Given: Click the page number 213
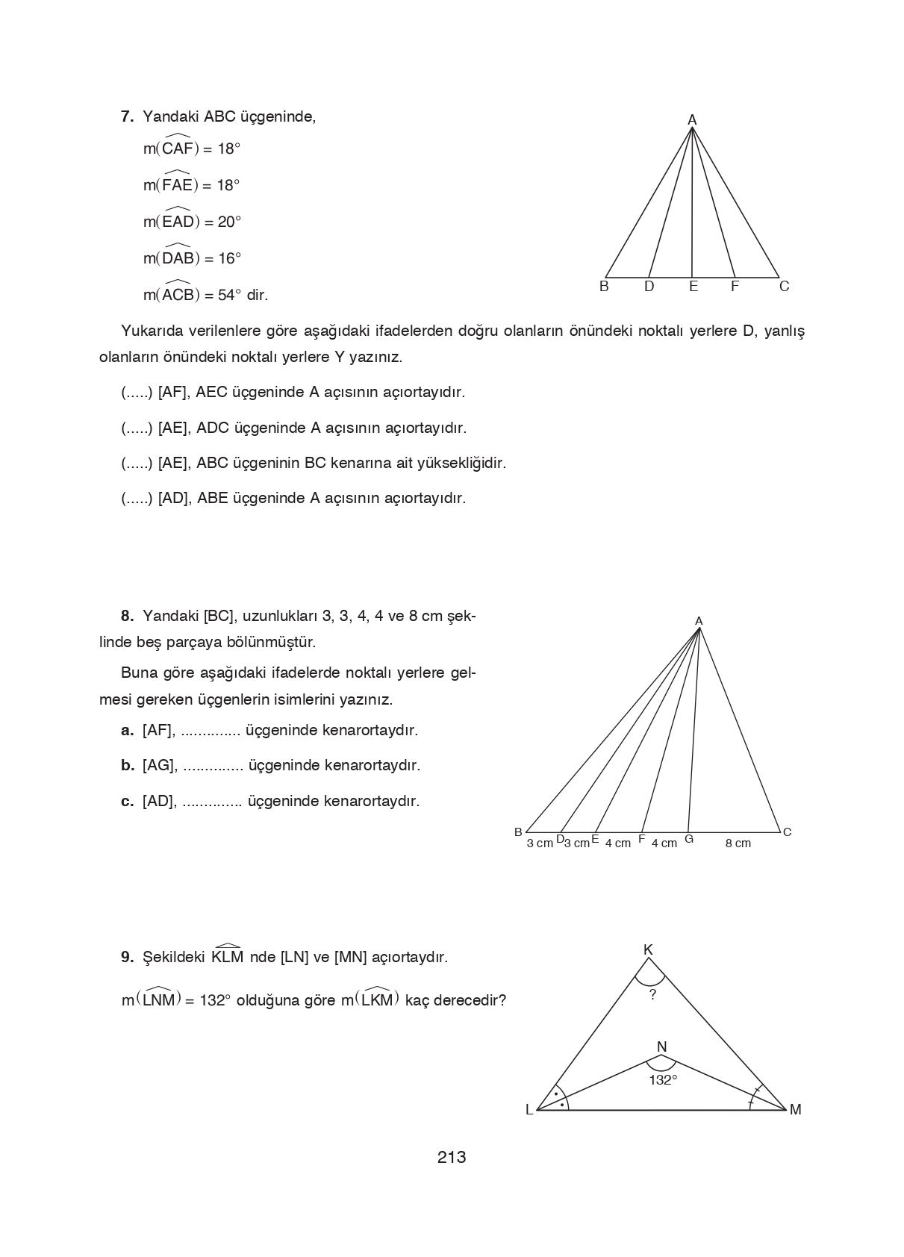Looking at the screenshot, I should tap(452, 1157).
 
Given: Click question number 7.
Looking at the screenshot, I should tap(127, 117).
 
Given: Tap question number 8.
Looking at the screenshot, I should tap(127, 617).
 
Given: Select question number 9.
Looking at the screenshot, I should tap(127, 957).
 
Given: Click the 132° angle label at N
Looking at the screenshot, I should tap(663, 1080).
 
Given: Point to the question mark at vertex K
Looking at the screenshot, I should tap(652, 994).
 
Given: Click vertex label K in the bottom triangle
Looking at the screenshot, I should tap(648, 949).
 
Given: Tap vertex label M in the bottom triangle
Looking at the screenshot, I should tap(795, 1110).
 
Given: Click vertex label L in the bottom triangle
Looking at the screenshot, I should tap(529, 1110).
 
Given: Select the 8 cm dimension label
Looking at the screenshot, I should tap(738, 843).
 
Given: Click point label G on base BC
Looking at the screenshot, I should tap(689, 839).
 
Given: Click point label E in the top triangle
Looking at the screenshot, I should tap(693, 287).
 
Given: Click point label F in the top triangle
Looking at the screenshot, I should tap(735, 287).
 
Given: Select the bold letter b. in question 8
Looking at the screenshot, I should tap(128, 766).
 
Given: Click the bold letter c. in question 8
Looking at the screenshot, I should tap(128, 802).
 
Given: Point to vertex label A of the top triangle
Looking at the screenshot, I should tap(692, 119).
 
